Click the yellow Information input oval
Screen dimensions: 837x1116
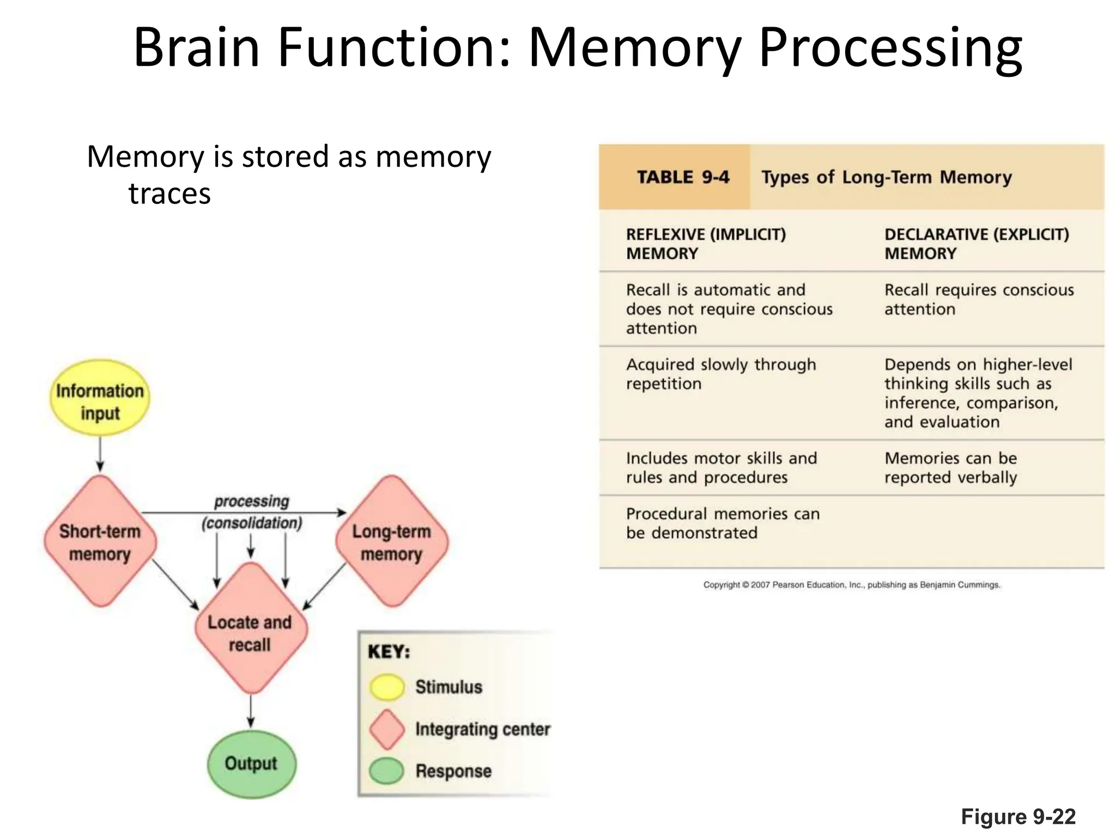pos(100,398)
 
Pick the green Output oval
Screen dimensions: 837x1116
pos(251,764)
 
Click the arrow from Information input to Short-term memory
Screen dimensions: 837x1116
pos(100,453)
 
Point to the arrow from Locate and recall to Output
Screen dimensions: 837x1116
pos(251,712)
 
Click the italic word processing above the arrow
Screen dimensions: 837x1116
pos(251,501)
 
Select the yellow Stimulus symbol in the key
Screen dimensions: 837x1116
pos(387,687)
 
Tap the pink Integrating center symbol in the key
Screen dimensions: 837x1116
pos(387,729)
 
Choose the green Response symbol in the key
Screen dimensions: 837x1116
pos(386,771)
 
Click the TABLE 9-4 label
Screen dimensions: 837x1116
pos(683,177)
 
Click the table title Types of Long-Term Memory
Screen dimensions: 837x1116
pos(887,177)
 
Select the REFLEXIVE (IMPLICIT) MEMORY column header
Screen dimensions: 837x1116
pos(706,244)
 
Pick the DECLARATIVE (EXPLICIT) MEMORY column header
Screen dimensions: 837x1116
pos(976,244)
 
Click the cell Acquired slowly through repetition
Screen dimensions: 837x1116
pos(720,374)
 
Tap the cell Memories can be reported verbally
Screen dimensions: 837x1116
pos(951,468)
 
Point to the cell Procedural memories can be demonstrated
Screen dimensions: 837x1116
pos(722,523)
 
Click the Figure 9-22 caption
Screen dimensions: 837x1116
pos(1018,817)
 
